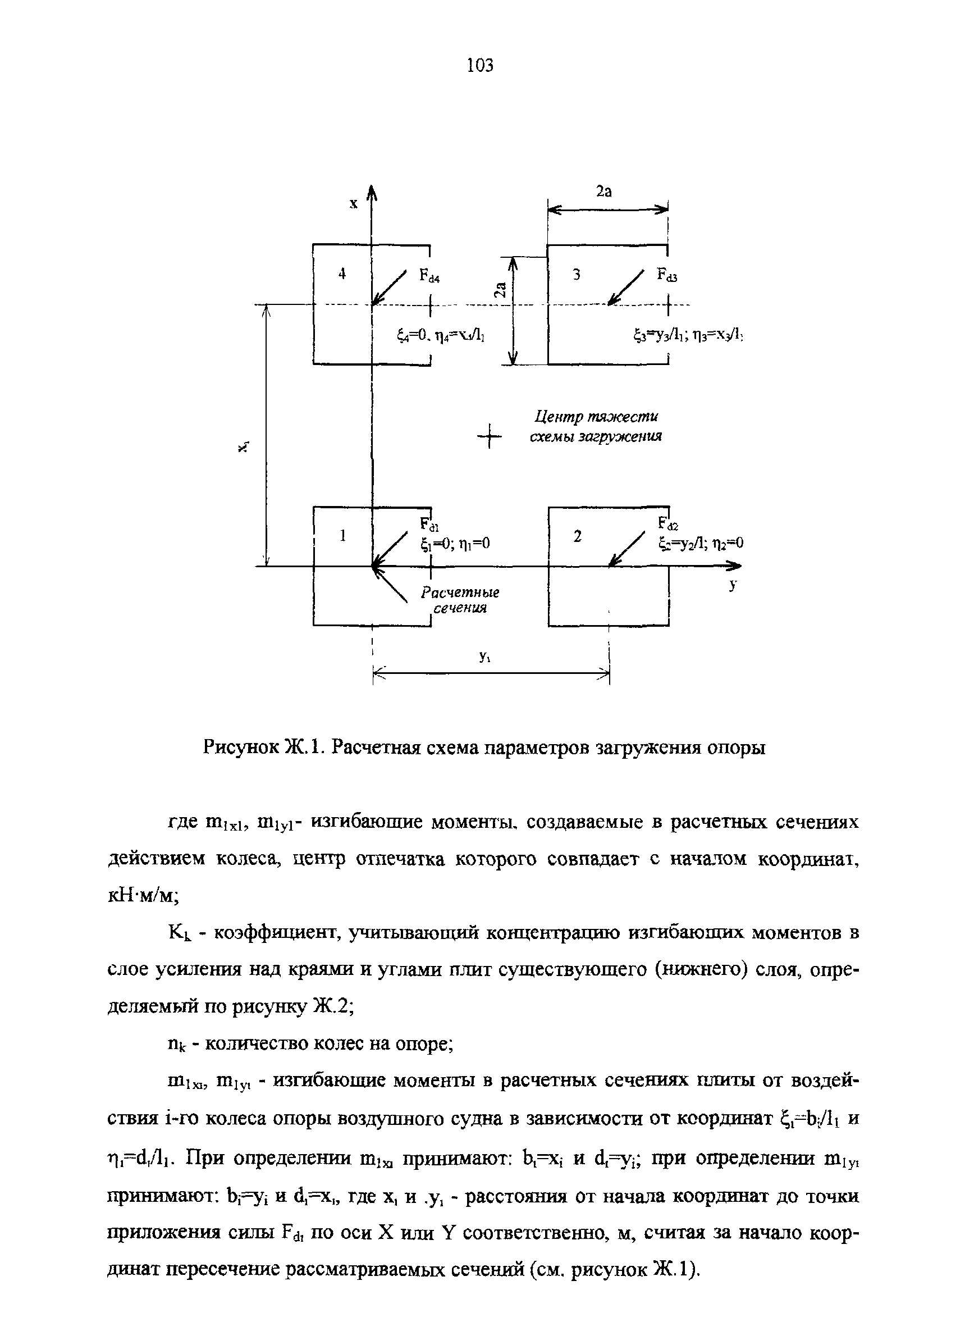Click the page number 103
tap(479, 65)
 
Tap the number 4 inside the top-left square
tap(341, 274)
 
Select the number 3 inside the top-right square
tap(577, 274)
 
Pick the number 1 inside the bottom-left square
tap(342, 535)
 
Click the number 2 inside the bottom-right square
tap(578, 536)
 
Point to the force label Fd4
tap(429, 276)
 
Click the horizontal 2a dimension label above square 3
tap(603, 192)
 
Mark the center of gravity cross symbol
tap(489, 436)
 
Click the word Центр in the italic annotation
tap(559, 417)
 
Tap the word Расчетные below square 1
tap(460, 592)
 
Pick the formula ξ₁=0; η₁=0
tap(455, 544)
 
